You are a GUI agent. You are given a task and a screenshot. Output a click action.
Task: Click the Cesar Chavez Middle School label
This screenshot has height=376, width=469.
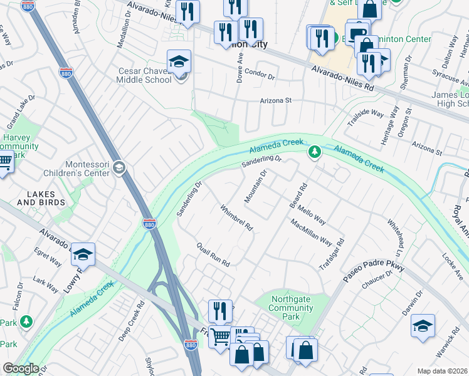[145, 75]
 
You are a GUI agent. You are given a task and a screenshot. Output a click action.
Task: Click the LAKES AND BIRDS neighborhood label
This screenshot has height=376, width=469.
[41, 198]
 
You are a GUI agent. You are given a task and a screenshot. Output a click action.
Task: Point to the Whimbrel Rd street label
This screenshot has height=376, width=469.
[236, 217]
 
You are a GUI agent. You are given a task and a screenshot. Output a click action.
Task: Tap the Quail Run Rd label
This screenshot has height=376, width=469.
[213, 254]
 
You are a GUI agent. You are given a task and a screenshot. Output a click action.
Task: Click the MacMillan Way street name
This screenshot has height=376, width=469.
[311, 232]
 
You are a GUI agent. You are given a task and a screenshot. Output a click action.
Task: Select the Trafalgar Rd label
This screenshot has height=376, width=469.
[340, 251]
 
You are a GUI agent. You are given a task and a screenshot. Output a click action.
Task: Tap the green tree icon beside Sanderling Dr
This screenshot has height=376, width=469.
[314, 152]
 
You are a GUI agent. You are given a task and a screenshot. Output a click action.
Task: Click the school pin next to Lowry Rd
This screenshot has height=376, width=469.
[83, 254]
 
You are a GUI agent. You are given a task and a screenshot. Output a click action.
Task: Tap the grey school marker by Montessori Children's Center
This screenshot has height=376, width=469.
[120, 167]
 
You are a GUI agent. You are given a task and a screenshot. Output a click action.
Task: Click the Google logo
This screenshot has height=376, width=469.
[21, 368]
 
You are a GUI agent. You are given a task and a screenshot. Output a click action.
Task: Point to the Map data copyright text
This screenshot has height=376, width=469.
[442, 371]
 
